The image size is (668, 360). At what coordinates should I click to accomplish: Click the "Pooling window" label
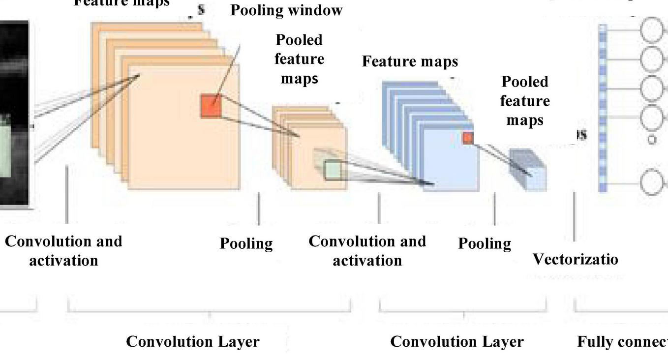pyautogui.click(x=286, y=10)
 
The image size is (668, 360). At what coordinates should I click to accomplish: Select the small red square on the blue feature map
pyautogui.click(x=468, y=138)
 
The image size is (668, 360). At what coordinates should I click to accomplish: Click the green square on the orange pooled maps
pyautogui.click(x=333, y=170)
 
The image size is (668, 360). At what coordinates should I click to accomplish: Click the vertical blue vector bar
pyautogui.click(x=603, y=108)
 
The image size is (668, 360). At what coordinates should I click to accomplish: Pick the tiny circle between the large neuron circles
pyautogui.click(x=652, y=140)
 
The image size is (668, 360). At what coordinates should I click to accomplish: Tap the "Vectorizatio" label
pyautogui.click(x=575, y=259)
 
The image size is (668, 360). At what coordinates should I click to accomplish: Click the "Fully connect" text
pyautogui.click(x=622, y=341)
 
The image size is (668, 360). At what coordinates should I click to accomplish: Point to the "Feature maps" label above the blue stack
pyautogui.click(x=410, y=61)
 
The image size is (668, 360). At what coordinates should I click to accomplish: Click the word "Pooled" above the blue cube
pyautogui.click(x=525, y=82)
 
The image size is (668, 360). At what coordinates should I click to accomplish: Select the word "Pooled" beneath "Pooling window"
pyautogui.click(x=299, y=40)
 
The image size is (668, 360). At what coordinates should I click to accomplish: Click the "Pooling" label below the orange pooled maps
pyautogui.click(x=246, y=243)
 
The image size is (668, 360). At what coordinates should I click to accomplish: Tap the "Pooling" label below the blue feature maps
pyautogui.click(x=485, y=243)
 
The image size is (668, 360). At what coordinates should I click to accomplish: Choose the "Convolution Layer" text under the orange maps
pyautogui.click(x=193, y=341)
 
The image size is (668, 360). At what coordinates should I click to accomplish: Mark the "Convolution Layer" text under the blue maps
pyautogui.click(x=457, y=341)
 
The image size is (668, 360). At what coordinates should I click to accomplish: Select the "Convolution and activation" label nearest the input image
pyautogui.click(x=63, y=250)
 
